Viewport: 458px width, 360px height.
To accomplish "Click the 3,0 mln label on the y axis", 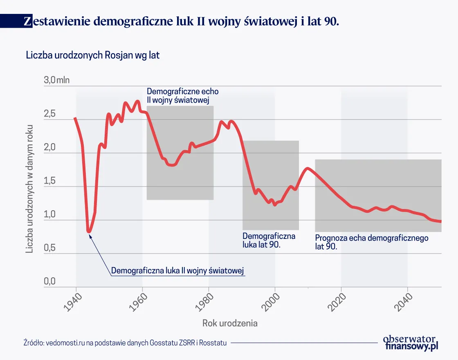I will pyautogui.click(x=56, y=80).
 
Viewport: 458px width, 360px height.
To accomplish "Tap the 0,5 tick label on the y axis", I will pyautogui.click(x=49, y=248).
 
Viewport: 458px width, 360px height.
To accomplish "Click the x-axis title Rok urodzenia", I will pyautogui.click(x=230, y=323).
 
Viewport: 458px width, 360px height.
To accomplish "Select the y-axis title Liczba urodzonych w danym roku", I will pyautogui.click(x=29, y=188).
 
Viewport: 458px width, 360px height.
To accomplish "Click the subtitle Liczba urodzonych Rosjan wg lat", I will pyautogui.click(x=92, y=55).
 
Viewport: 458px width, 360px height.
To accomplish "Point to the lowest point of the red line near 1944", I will pyautogui.click(x=89, y=232).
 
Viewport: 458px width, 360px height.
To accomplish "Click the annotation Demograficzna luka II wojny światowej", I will pyautogui.click(x=177, y=270).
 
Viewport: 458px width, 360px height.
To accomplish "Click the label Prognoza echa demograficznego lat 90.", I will pyautogui.click(x=371, y=242).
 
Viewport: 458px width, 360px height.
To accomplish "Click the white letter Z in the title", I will pyautogui.click(x=27, y=21).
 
